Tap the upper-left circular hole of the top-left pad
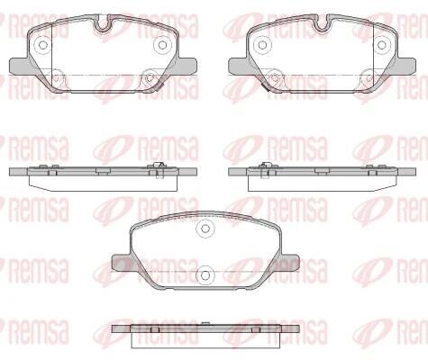43,45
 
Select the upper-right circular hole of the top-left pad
162,45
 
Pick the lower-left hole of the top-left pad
56,77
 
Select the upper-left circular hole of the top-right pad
262,45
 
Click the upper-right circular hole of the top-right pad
382,45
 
